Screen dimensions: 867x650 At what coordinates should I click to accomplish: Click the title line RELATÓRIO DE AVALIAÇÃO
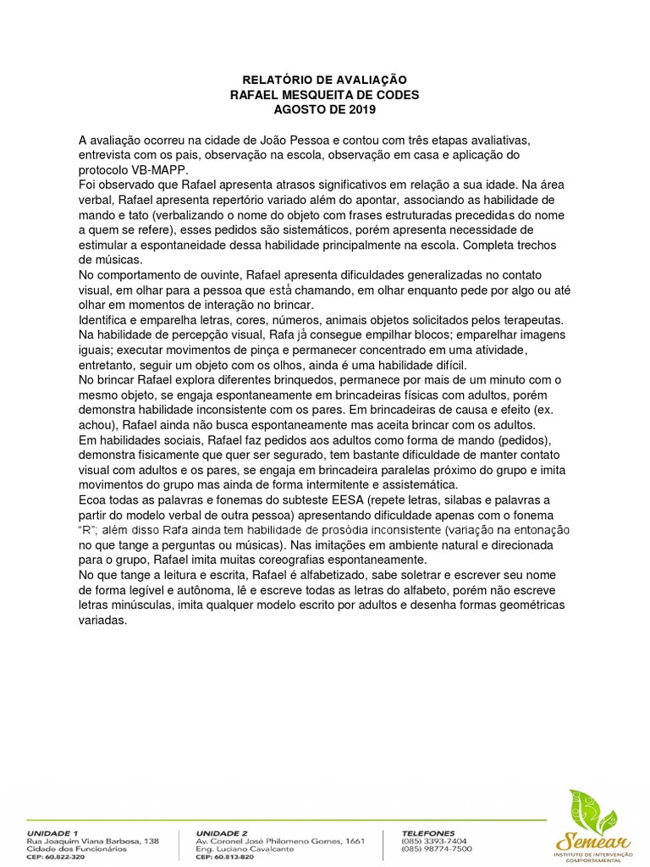324,80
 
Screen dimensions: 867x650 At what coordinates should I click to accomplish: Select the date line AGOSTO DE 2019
324,109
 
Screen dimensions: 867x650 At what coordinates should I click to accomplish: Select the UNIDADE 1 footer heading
53,833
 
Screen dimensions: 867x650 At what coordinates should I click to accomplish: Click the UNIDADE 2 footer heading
223,833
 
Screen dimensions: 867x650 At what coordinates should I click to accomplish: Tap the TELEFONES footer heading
429,833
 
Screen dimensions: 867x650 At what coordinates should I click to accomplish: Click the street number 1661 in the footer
355,841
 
